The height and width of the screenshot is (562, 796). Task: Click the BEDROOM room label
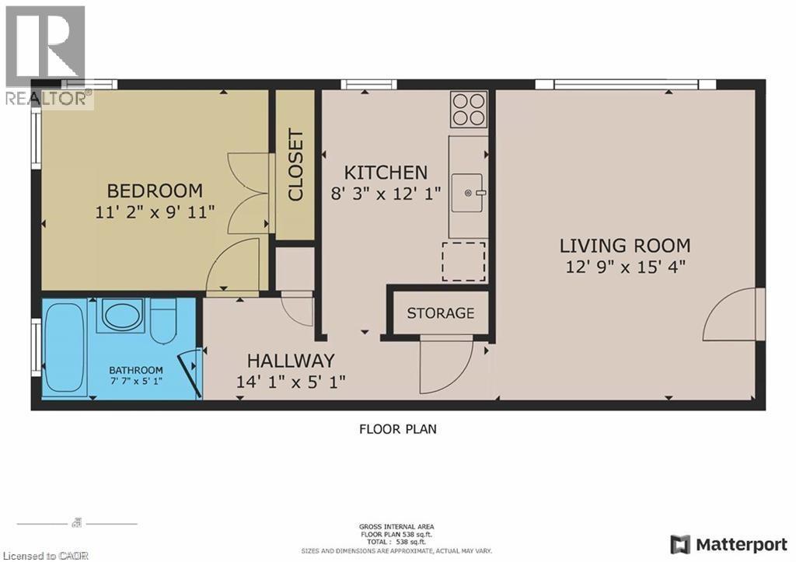(155, 190)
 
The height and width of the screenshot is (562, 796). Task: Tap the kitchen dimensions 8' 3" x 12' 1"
(386, 194)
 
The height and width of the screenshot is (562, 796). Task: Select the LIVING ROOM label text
(625, 246)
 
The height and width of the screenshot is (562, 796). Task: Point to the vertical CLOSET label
(296, 166)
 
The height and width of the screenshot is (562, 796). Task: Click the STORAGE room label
(440, 313)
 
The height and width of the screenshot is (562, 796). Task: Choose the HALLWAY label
(291, 361)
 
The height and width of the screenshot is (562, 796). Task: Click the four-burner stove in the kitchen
(469, 109)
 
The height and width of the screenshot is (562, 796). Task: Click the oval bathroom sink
(121, 316)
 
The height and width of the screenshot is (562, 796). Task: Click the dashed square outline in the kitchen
(463, 261)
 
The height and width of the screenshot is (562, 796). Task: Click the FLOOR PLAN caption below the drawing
(397, 428)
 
